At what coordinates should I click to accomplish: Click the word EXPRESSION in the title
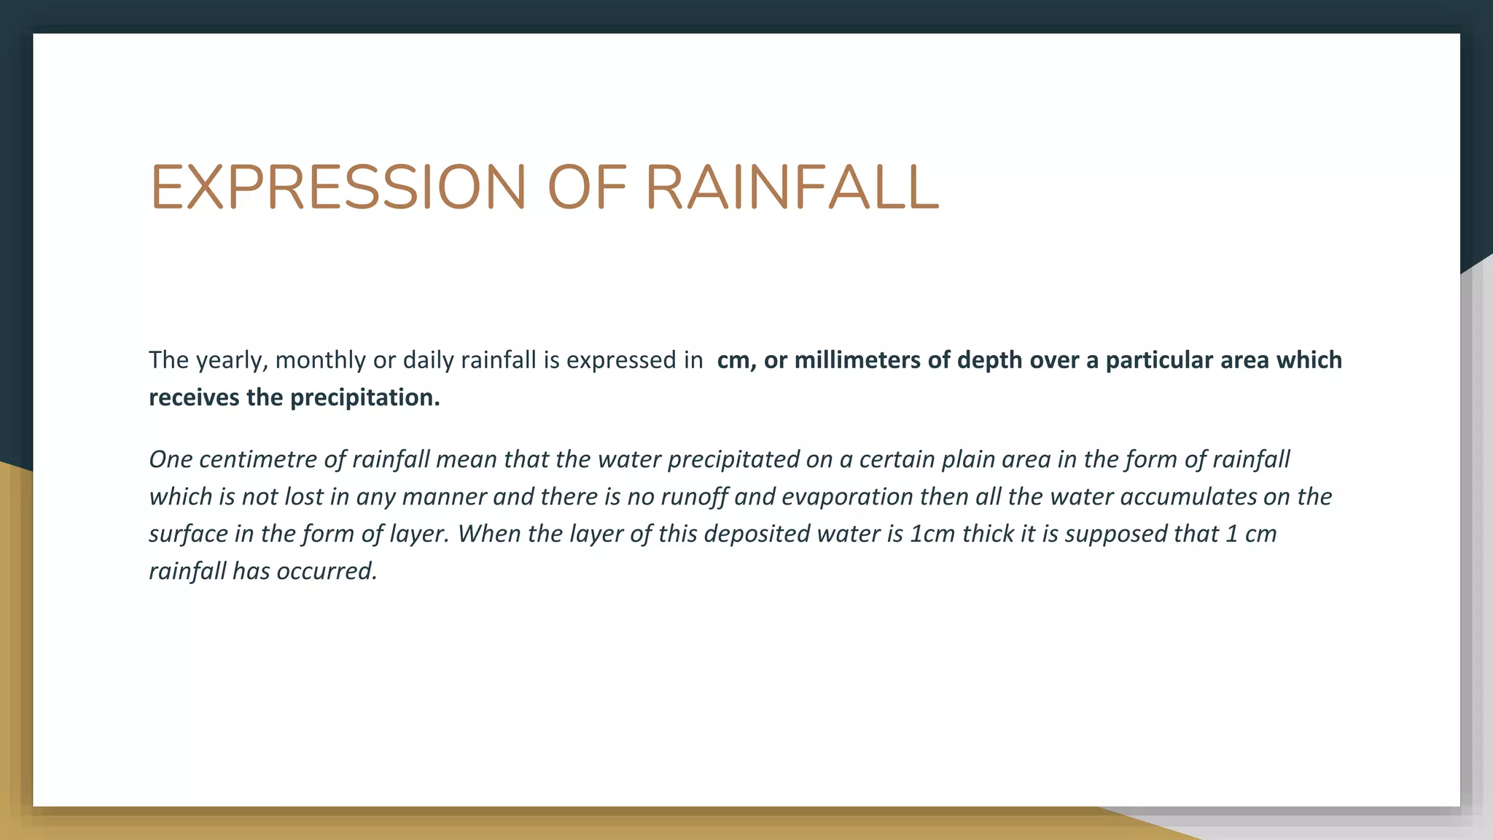point(338,187)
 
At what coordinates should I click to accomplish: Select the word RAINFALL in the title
point(792,187)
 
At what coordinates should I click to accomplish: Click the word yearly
point(231,360)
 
